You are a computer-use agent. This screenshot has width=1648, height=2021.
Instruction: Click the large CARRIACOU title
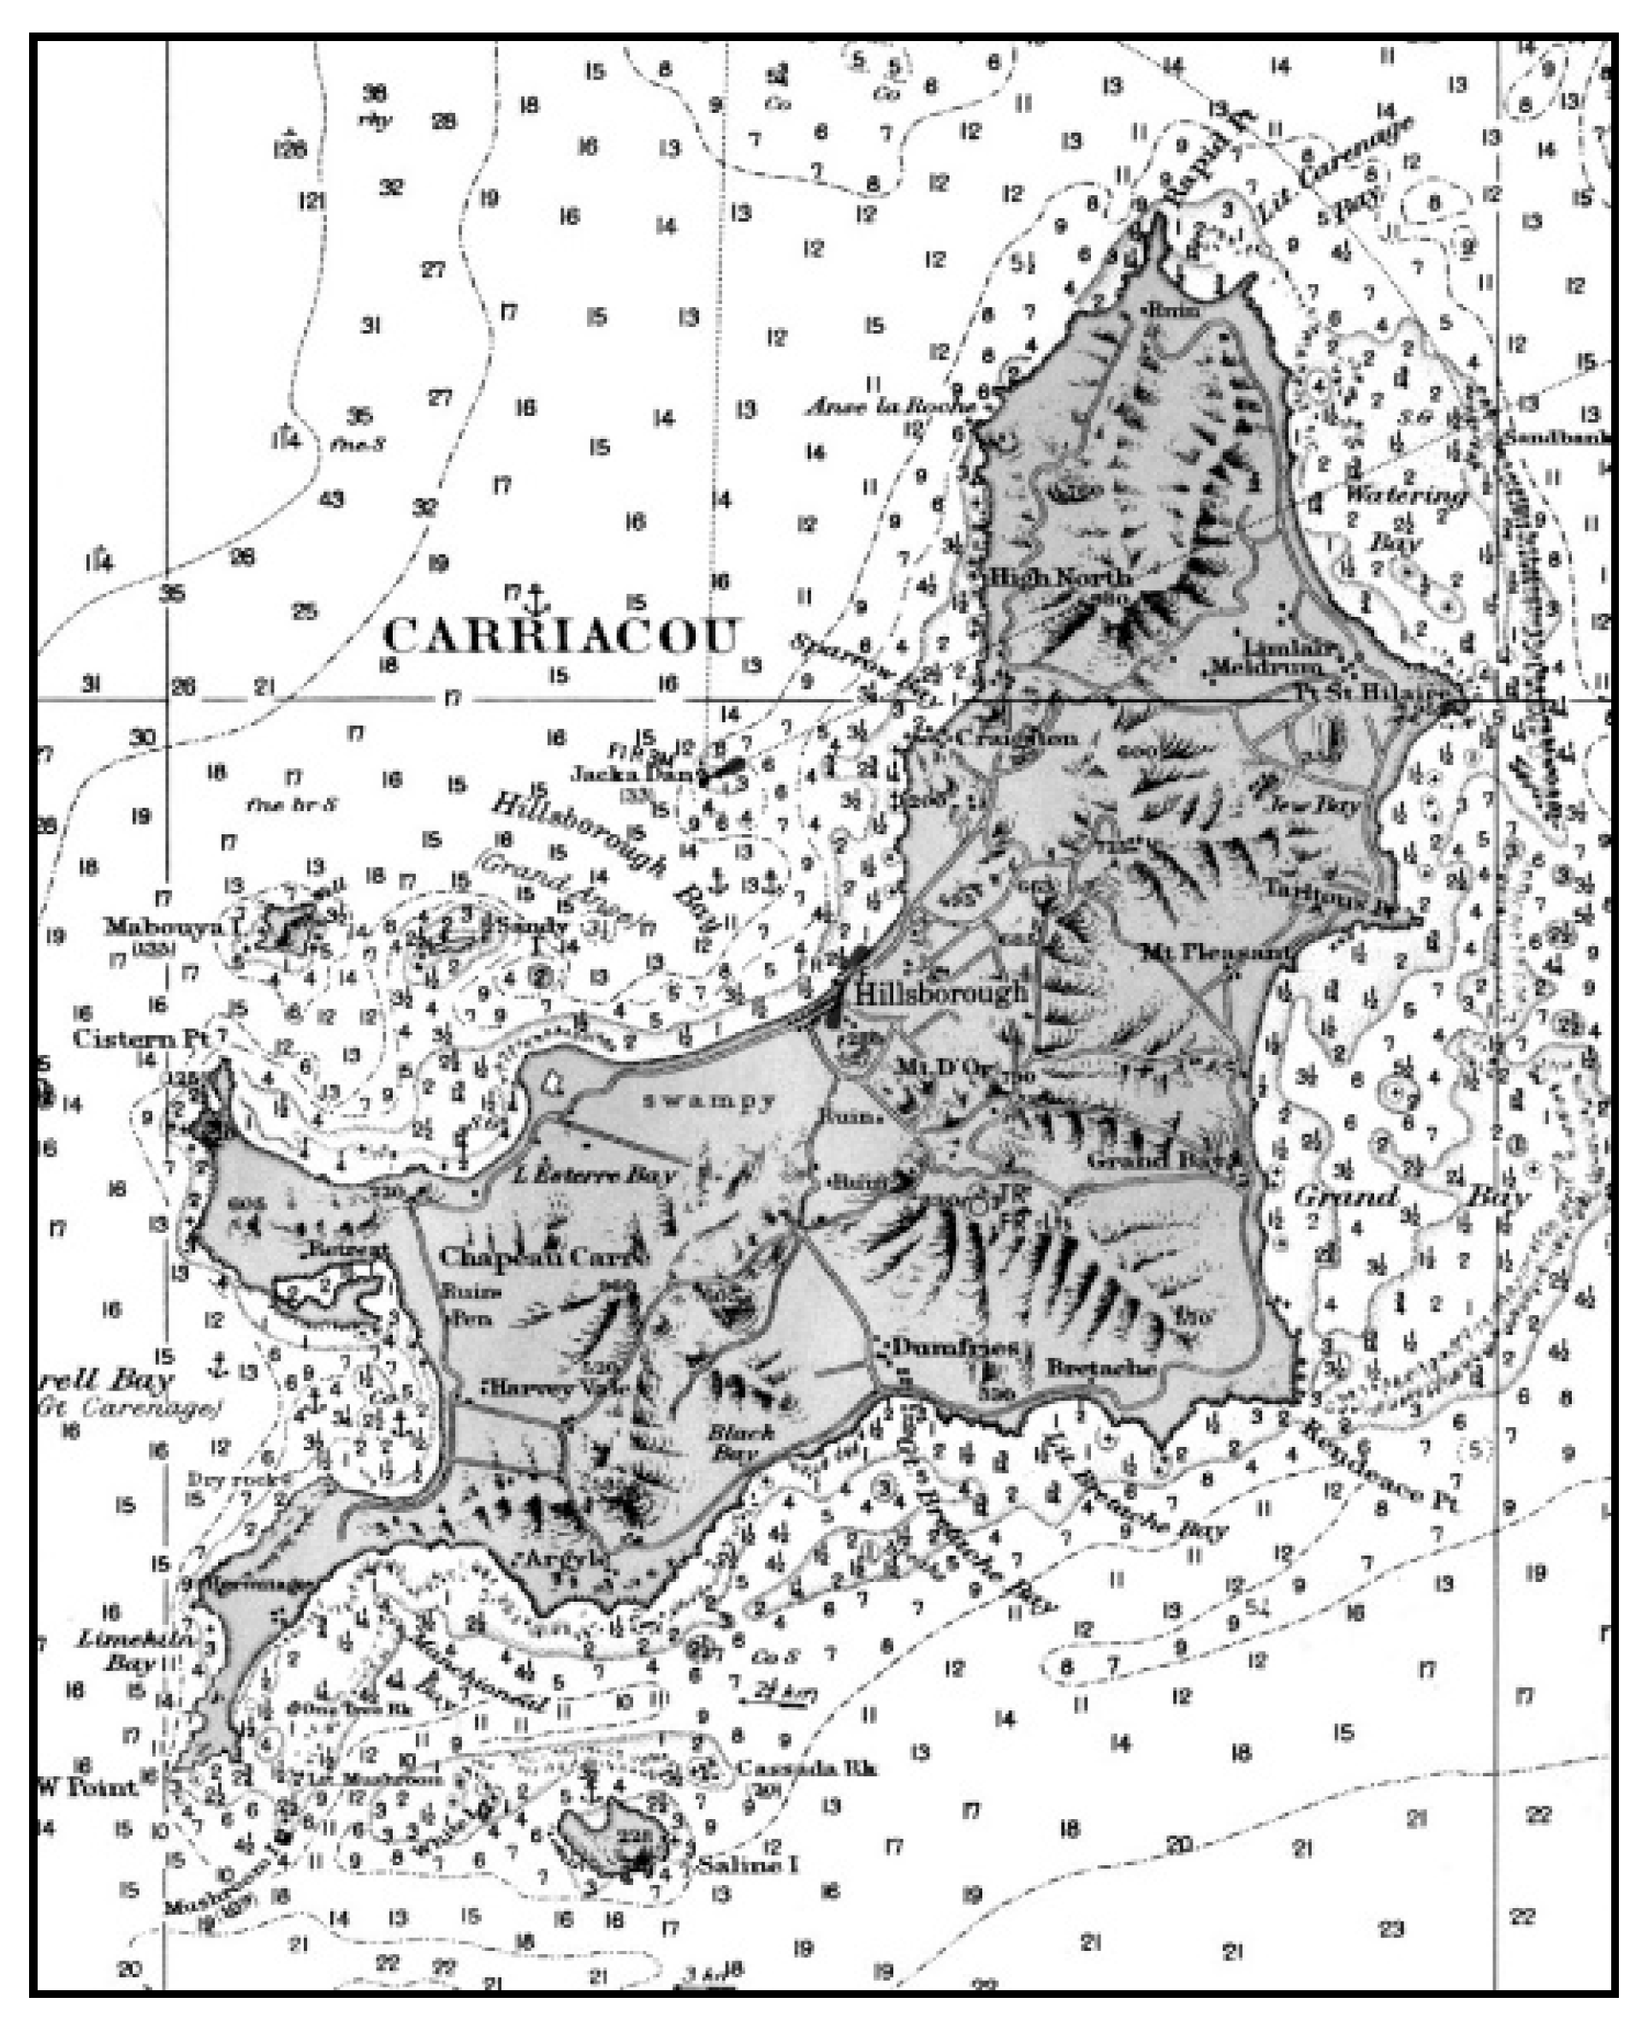click(x=560, y=635)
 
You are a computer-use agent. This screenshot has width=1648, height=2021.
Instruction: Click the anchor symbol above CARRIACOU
click(x=536, y=600)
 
